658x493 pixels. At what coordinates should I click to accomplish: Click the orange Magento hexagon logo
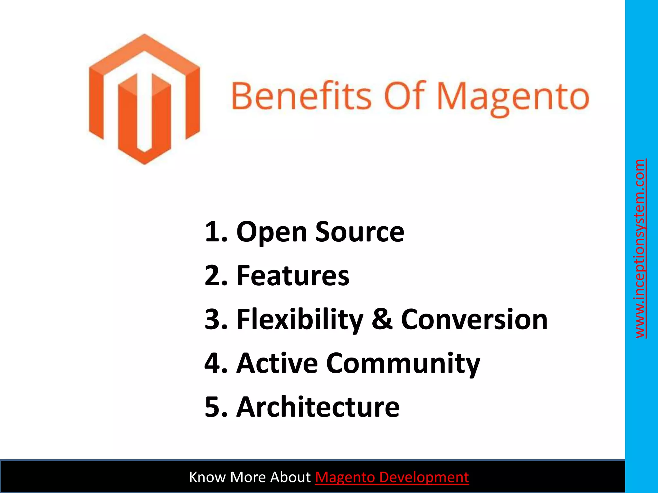click(144, 99)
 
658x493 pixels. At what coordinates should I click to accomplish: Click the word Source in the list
click(360, 232)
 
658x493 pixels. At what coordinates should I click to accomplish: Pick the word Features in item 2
click(293, 276)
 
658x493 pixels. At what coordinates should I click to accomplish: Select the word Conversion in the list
click(474, 319)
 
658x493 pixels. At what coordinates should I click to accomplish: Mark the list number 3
click(213, 320)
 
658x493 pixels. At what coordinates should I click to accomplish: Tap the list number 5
click(213, 407)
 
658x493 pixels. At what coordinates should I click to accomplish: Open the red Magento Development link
click(392, 477)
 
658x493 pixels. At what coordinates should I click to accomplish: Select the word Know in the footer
click(208, 477)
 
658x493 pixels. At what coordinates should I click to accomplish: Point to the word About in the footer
click(290, 477)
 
